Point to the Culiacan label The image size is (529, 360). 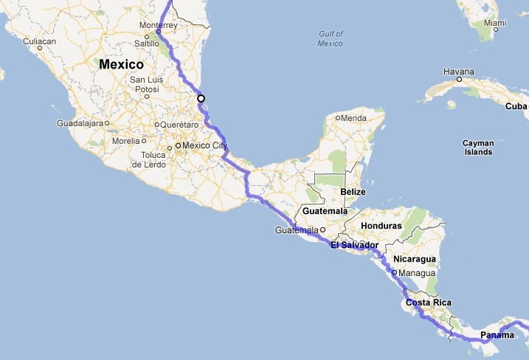[41, 41]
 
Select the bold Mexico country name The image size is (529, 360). [121, 64]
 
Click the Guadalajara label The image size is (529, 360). [79, 123]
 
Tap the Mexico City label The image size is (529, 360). [205, 146]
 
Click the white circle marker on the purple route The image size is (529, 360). [201, 98]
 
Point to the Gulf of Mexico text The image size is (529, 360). [331, 38]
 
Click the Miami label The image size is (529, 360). [496, 23]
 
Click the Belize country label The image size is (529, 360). [353, 192]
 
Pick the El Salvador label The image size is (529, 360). [354, 245]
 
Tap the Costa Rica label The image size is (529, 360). [428, 303]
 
